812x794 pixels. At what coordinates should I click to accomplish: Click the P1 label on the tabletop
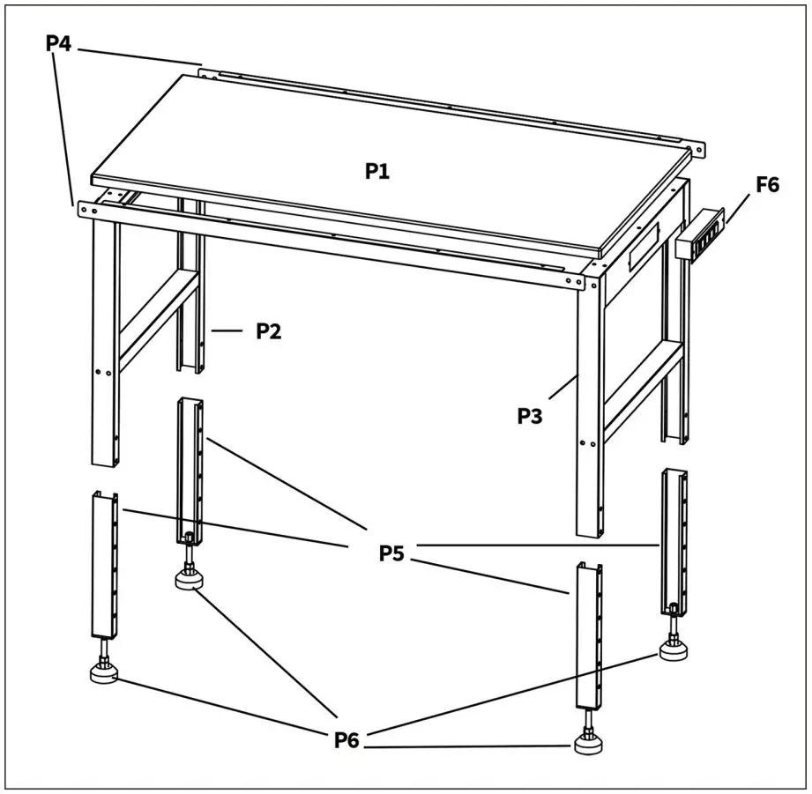tap(377, 172)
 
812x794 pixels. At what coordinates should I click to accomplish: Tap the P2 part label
tap(269, 331)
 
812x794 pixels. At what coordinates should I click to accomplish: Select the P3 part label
tap(530, 416)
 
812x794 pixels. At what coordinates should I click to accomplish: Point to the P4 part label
tap(59, 42)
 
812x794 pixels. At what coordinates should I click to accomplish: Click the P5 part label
tap(392, 553)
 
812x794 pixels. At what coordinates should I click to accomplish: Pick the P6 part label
tap(347, 740)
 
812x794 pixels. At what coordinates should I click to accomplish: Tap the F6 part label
tap(767, 185)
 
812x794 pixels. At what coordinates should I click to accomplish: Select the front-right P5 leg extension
tap(588, 634)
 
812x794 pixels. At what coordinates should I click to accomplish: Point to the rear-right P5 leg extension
tap(674, 539)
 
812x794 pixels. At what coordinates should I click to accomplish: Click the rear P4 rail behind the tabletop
tap(450, 106)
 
